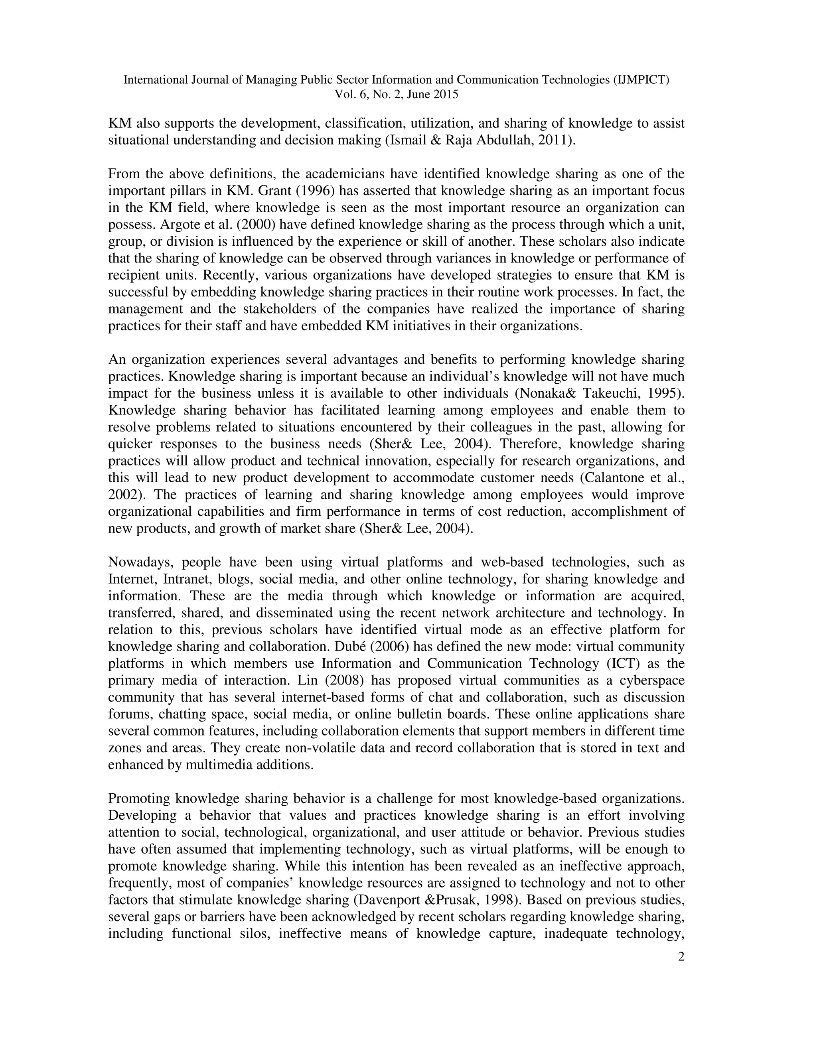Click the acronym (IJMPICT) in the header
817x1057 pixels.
[640, 80]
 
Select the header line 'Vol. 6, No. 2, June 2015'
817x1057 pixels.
[397, 95]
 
